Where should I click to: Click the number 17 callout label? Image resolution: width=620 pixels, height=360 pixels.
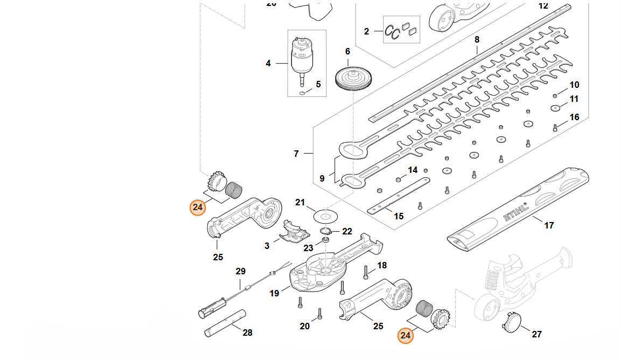pyautogui.click(x=549, y=225)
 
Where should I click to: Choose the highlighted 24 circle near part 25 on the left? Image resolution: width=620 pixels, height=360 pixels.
pyautogui.click(x=198, y=207)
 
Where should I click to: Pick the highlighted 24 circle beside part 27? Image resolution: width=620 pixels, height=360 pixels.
pyautogui.click(x=406, y=336)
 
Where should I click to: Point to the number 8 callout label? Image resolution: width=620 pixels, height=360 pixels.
pyautogui.click(x=477, y=40)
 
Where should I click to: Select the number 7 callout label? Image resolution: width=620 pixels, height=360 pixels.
pyautogui.click(x=296, y=154)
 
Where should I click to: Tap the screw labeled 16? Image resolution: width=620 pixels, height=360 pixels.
pyautogui.click(x=555, y=128)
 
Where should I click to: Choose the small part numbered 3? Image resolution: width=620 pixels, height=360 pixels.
pyautogui.click(x=294, y=233)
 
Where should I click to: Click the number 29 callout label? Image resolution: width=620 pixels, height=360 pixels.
pyautogui.click(x=240, y=271)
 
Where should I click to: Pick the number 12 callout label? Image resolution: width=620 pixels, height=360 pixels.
pyautogui.click(x=543, y=5)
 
